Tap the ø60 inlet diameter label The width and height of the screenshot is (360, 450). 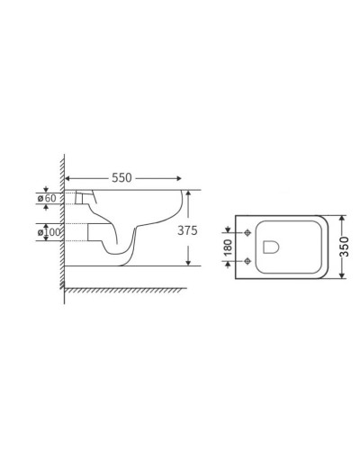(x=48, y=198)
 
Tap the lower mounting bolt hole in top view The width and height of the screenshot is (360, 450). (x=247, y=258)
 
